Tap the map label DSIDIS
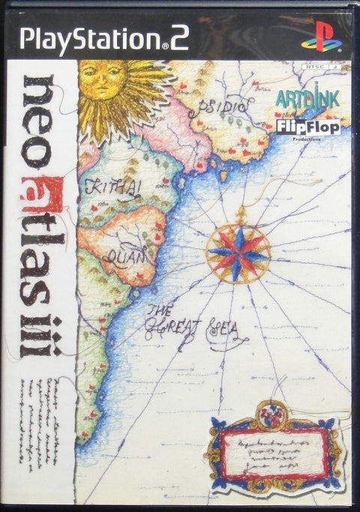pyautogui.click(x=217, y=110)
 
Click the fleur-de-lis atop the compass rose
pyautogui.click(x=241, y=216)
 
